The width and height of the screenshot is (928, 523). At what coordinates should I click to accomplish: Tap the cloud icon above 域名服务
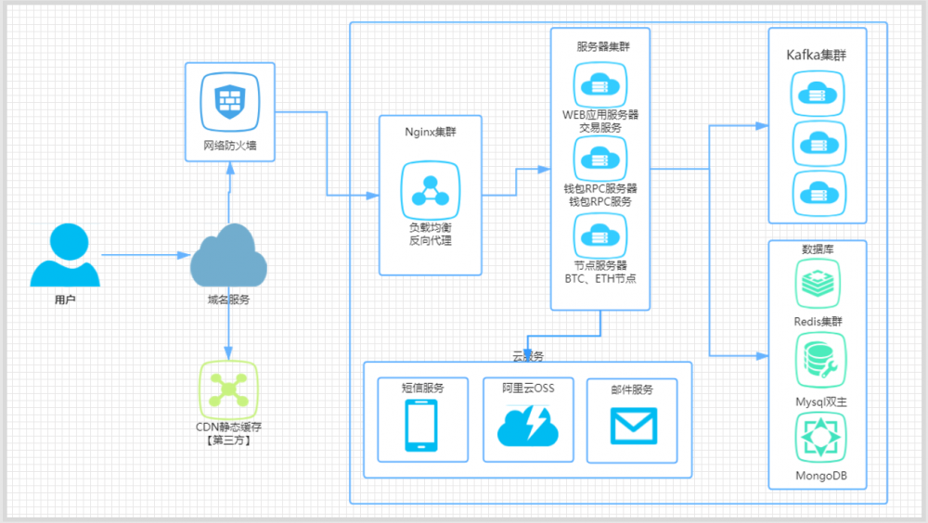pyautogui.click(x=228, y=256)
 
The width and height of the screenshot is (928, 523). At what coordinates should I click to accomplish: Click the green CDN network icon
pyautogui.click(x=228, y=389)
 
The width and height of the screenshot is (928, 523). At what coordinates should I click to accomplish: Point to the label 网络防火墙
pyautogui.click(x=228, y=145)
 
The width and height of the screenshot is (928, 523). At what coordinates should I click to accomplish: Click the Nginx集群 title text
pyautogui.click(x=431, y=132)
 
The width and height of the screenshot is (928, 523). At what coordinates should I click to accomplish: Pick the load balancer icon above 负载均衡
pyautogui.click(x=431, y=190)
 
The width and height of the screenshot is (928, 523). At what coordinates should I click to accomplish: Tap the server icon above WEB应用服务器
pyautogui.click(x=599, y=85)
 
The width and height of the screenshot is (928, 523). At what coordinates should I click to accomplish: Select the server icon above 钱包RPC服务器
pyautogui.click(x=599, y=159)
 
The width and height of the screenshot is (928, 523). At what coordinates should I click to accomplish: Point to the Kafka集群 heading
pyautogui.click(x=816, y=56)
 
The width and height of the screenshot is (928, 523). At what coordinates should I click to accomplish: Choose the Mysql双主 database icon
pyautogui.click(x=818, y=362)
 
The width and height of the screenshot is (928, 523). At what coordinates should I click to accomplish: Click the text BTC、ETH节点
pyautogui.click(x=600, y=278)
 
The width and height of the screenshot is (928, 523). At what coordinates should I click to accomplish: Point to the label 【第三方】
pyautogui.click(x=228, y=440)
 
